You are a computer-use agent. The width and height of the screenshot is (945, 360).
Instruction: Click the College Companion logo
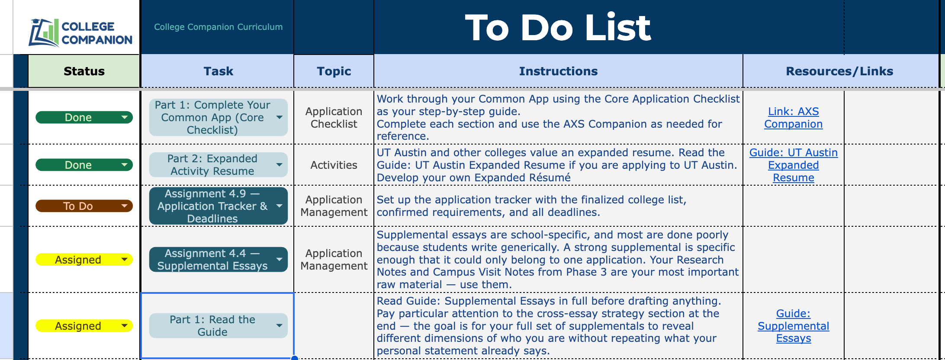(x=80, y=32)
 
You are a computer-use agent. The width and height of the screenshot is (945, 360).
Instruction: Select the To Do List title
(x=558, y=28)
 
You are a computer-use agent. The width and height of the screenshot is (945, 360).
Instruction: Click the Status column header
(x=84, y=71)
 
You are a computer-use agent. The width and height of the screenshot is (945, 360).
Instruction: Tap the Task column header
(x=218, y=71)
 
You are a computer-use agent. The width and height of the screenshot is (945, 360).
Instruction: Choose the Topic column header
(x=334, y=71)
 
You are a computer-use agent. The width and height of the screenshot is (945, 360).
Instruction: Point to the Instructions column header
(x=558, y=71)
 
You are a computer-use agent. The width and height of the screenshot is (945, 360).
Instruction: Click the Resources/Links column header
(x=839, y=71)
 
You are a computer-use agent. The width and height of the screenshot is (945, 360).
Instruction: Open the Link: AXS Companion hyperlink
(x=793, y=118)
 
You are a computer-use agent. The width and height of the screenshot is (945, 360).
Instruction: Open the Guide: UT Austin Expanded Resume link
(x=793, y=165)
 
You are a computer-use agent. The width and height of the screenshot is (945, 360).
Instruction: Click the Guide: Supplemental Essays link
(x=793, y=326)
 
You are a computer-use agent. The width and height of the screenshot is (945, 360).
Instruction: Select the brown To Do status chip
(x=84, y=206)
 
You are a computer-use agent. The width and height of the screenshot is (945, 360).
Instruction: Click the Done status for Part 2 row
(x=84, y=165)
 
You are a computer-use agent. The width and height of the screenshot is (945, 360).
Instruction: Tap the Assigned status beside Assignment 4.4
(x=84, y=260)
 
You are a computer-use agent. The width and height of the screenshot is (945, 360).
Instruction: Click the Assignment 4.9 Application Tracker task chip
(x=218, y=206)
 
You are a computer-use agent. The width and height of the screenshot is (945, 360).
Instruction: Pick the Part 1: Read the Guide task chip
(x=218, y=326)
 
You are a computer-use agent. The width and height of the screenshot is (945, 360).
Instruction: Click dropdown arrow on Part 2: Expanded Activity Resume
(x=280, y=165)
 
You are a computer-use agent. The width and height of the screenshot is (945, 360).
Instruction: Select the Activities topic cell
(x=334, y=165)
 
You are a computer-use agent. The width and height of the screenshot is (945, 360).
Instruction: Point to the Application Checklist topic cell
(x=334, y=118)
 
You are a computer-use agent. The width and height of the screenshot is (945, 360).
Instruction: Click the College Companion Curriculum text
(x=218, y=27)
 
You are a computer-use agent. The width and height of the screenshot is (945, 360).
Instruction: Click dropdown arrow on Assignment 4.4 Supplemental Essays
(x=280, y=260)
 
